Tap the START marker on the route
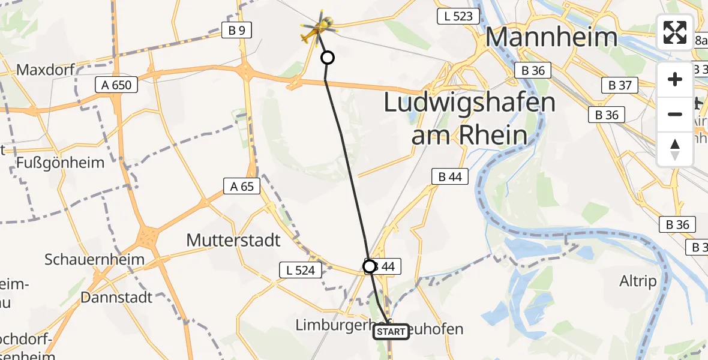tap(391, 332)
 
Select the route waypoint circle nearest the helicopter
tap(328, 58)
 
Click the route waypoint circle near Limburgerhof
tap(370, 266)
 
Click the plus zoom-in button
tap(675, 79)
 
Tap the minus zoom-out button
tap(675, 114)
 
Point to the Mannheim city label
tap(551, 37)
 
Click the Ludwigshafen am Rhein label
tap(470, 119)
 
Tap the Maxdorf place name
tap(45, 70)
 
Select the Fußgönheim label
tap(60, 163)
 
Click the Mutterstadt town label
tap(233, 241)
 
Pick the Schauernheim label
tap(94, 260)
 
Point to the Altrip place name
tap(637, 281)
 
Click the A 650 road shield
tap(116, 85)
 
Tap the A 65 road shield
tap(242, 187)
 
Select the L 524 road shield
tap(301, 271)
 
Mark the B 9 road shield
tap(236, 31)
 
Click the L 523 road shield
tap(455, 17)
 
